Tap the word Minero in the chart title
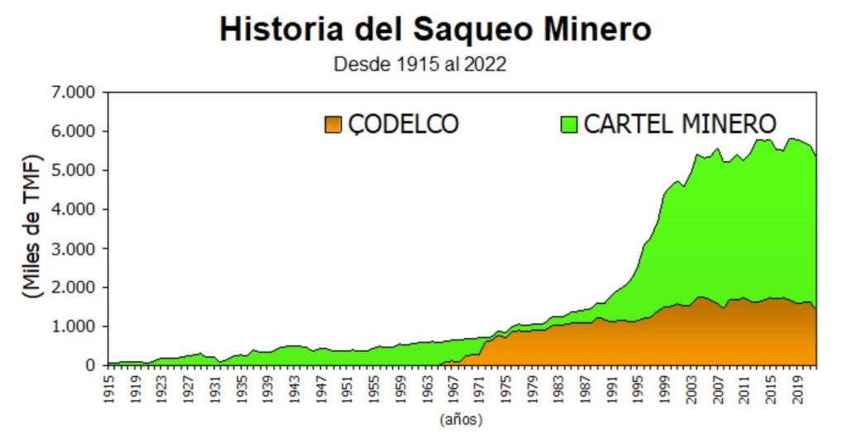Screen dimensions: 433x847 591,30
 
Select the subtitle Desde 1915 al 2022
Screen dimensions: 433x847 419,64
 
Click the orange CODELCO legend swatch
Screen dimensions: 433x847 333,124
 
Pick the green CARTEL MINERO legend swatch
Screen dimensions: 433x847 568,124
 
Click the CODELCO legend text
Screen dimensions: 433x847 403,124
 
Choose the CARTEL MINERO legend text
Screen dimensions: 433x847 680,124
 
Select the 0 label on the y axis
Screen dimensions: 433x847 91,365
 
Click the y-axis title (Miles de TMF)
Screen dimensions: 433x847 32,226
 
